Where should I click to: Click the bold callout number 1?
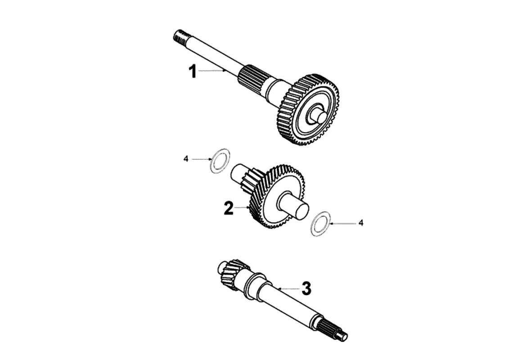(193, 71)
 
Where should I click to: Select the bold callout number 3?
(306, 288)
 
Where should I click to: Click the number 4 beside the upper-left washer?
(186, 159)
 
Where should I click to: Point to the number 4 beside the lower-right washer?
(360, 223)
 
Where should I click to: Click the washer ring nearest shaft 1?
(219, 159)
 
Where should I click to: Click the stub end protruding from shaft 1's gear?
(320, 116)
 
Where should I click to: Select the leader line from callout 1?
(212, 71)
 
